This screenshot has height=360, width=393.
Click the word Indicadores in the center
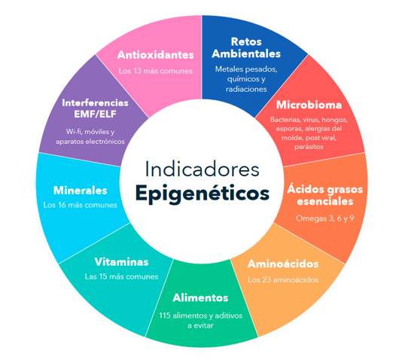tap(202, 169)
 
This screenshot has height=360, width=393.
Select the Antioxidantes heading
tap(156, 55)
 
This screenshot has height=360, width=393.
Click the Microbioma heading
tap(309, 105)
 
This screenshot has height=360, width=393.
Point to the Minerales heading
tap(81, 191)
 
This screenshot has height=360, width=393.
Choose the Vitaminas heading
tap(121, 262)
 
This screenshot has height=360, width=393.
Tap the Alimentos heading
tap(200, 297)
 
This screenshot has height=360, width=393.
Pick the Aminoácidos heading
tap(283, 264)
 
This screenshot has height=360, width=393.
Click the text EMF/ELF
tap(95, 114)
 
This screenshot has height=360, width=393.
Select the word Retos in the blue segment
tap(246, 41)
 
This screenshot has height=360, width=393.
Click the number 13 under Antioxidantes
tap(137, 71)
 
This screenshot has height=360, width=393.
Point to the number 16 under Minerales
tap(62, 205)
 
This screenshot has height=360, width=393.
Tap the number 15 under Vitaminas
tap(103, 276)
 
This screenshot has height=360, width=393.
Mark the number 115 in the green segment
tap(165, 316)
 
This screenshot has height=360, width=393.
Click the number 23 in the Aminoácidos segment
tap(267, 280)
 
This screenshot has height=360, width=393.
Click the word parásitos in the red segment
tap(309, 147)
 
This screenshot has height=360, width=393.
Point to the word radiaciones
tap(246, 89)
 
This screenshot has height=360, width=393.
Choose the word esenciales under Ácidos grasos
tap(325, 201)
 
